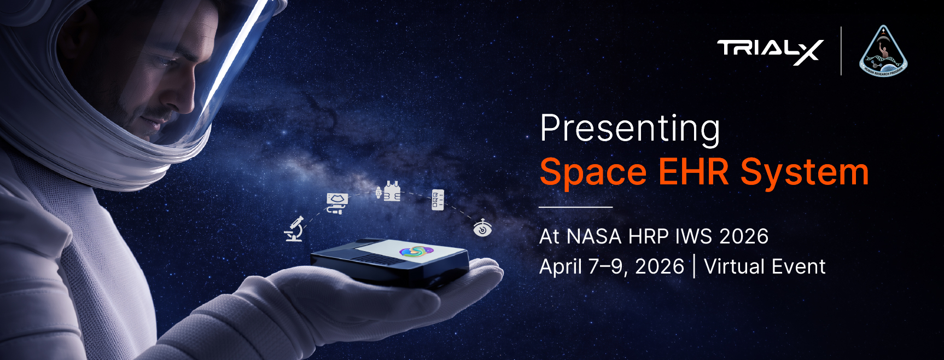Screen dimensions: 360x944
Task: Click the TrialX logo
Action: pos(770,51)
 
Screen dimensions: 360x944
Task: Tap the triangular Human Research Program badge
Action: pos(883,53)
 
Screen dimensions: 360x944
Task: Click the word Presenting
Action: pos(630,129)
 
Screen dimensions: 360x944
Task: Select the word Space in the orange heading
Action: pos(593,172)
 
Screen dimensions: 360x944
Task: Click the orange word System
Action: pos(805,173)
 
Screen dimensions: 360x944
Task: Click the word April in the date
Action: pos(561,267)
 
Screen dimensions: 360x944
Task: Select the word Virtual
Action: pos(735,266)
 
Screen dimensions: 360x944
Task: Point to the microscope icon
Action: pos(294,229)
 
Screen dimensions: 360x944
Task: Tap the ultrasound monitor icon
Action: pos(336,203)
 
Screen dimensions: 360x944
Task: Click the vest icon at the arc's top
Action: pos(389,191)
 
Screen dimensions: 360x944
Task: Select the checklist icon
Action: pos(438,200)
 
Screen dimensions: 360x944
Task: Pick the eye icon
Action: pos(482,228)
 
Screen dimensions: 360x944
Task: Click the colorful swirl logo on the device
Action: pos(416,251)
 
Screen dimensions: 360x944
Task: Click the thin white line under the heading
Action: pos(575,207)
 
